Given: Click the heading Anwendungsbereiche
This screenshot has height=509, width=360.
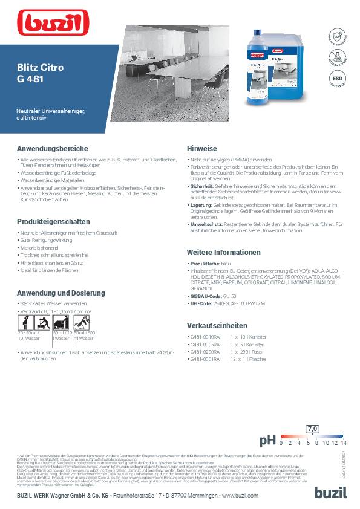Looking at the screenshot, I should point(48,148).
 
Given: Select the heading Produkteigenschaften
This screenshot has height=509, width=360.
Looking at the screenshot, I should point(53,222).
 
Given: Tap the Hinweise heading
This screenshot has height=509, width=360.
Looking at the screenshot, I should point(202,148).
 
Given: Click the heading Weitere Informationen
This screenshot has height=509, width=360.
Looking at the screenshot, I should point(224,252).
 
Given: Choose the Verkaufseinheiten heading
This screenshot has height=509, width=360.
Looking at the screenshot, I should point(216,325).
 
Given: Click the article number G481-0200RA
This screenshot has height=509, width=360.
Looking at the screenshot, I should point(206,352).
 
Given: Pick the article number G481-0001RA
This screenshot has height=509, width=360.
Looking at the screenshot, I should point(206,359).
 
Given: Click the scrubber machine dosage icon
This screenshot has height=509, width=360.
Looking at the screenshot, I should point(61,321).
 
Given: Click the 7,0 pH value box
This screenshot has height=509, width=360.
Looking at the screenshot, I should point(312,429).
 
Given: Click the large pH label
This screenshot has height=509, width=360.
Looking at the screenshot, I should point(268,441).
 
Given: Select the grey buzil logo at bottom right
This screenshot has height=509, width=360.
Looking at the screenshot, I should point(330,492).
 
